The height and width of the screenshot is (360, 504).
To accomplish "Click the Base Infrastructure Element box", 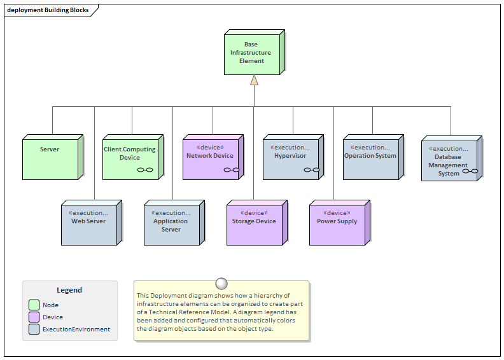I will point(252,53).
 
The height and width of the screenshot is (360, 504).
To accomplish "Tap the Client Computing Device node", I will point(130,158).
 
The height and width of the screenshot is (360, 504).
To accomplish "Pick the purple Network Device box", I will point(211,158).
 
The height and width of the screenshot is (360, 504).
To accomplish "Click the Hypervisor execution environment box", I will point(291,158).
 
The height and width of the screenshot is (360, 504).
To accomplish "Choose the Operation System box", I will point(371,158).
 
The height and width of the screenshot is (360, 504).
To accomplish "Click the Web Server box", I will point(89,224).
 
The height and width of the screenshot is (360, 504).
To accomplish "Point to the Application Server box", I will point(171,224).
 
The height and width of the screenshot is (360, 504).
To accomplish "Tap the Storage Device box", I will point(255,224).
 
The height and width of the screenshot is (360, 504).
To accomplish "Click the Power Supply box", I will point(337,224).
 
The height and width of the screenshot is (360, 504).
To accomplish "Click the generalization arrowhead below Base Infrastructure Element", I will point(254,80).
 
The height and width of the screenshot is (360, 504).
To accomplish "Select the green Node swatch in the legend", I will point(34,305).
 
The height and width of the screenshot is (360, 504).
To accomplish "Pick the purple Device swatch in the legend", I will point(34,317).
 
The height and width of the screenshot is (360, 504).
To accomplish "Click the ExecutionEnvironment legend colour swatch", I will point(34,329).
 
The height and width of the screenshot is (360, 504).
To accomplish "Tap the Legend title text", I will point(69,290).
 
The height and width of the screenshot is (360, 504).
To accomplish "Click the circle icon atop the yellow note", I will point(221,284).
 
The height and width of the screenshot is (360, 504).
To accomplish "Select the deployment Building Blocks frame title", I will point(48,10).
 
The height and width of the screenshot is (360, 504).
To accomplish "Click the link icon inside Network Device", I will point(231,170).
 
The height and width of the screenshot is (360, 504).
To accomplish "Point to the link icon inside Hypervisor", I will point(311,170).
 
